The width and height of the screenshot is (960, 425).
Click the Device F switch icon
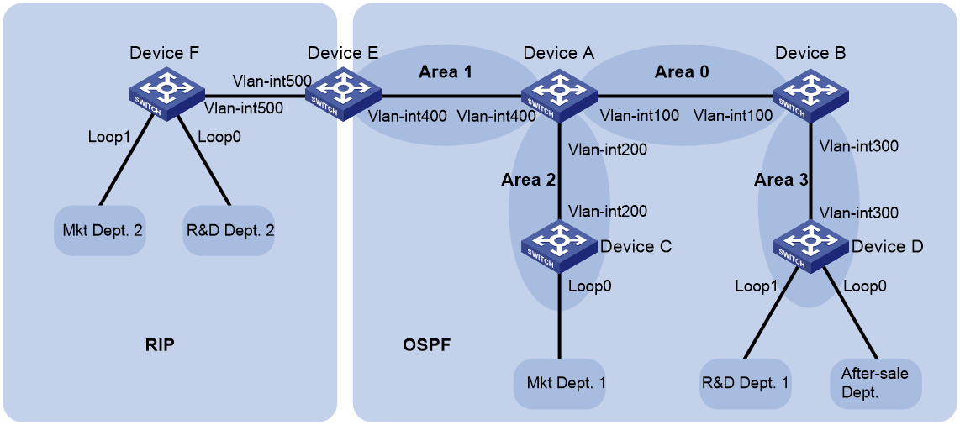click(166, 93)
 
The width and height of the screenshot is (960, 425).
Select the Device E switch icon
click(342, 93)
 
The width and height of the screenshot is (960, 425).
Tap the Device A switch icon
click(559, 93)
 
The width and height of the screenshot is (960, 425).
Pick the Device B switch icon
click(810, 93)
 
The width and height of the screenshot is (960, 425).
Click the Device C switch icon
click(559, 246)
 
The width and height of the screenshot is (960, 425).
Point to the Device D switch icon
click(810, 246)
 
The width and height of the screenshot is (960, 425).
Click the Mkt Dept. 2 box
click(100, 230)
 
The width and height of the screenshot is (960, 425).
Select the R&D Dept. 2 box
click(229, 230)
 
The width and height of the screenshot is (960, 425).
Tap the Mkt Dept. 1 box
click(559, 383)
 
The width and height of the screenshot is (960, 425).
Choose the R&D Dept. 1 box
click(746, 383)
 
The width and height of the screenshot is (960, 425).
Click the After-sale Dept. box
click(876, 383)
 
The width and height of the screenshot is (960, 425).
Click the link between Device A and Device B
click(685, 96)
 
